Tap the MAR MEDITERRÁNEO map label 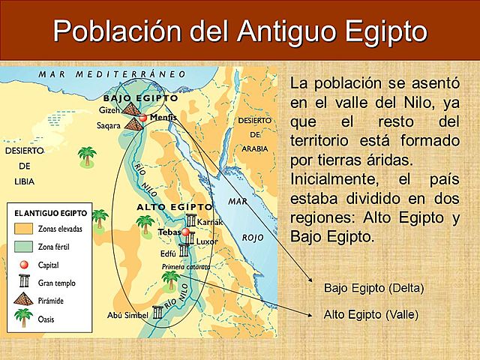pos(112,75)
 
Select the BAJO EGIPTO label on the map pos(140,98)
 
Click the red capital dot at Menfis pos(143,118)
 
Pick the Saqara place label pos(108,126)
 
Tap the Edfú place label pos(169,253)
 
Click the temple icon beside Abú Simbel pos(157,313)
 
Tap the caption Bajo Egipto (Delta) pos(373,288)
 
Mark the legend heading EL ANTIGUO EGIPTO pos(50,213)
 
